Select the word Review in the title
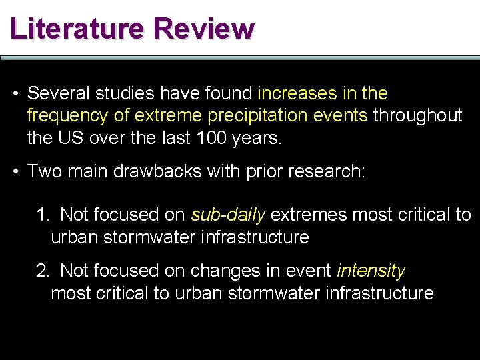(203, 29)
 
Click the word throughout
(417, 116)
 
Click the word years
(259, 139)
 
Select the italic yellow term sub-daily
(228, 215)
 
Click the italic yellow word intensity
(371, 271)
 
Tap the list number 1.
(42, 215)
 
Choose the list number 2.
(42, 271)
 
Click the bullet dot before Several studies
(15, 93)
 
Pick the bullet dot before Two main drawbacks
(15, 171)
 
